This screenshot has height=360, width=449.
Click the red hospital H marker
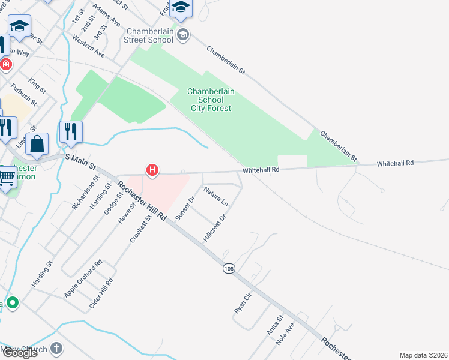pyautogui.click(x=152, y=170)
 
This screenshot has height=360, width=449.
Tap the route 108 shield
pyautogui.click(x=228, y=268)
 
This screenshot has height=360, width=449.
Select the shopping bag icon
pyautogui.click(x=37, y=145)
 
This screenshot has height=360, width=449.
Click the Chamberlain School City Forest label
pyautogui.click(x=211, y=100)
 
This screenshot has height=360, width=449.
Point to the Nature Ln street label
pyautogui.click(x=215, y=197)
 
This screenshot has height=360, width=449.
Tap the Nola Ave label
pyautogui.click(x=285, y=334)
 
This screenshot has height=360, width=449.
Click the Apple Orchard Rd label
pyautogui.click(x=83, y=279)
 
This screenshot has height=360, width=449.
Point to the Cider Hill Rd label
pyautogui.click(x=101, y=294)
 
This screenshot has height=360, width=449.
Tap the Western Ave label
pyautogui.click(x=88, y=47)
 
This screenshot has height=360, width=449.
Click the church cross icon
pyautogui.click(x=56, y=348)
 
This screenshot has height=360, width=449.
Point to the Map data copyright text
pyautogui.click(x=424, y=355)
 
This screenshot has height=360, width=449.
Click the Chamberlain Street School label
pyautogui.click(x=150, y=35)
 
